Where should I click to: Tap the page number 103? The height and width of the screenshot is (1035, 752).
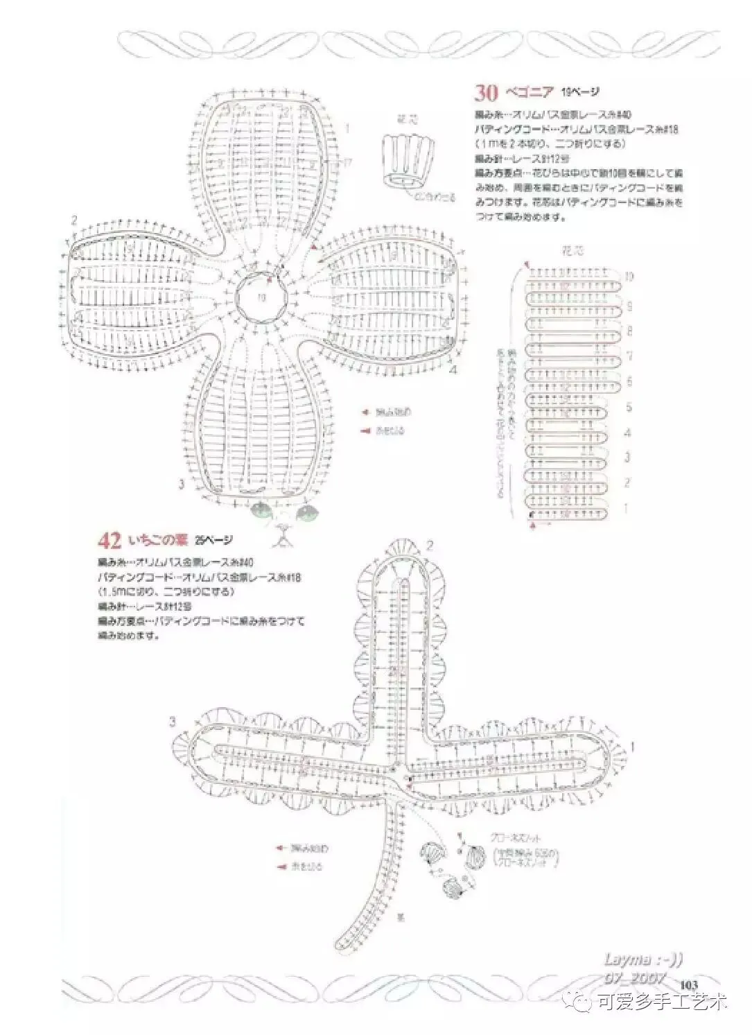click(x=690, y=984)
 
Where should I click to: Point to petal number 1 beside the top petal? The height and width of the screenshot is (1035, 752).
click(x=347, y=128)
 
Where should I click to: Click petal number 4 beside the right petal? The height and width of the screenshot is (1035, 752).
click(x=453, y=369)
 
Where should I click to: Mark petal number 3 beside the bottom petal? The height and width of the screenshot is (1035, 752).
click(x=182, y=483)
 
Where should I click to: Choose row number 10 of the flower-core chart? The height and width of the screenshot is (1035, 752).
click(x=629, y=277)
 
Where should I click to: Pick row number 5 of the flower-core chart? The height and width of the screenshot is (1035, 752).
click(x=629, y=407)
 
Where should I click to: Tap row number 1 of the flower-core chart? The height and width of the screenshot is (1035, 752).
click(x=627, y=508)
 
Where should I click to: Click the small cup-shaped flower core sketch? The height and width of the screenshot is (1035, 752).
click(x=406, y=162)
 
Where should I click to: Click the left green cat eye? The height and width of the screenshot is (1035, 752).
click(x=263, y=512)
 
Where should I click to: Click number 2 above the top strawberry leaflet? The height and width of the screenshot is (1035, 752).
click(x=429, y=545)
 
